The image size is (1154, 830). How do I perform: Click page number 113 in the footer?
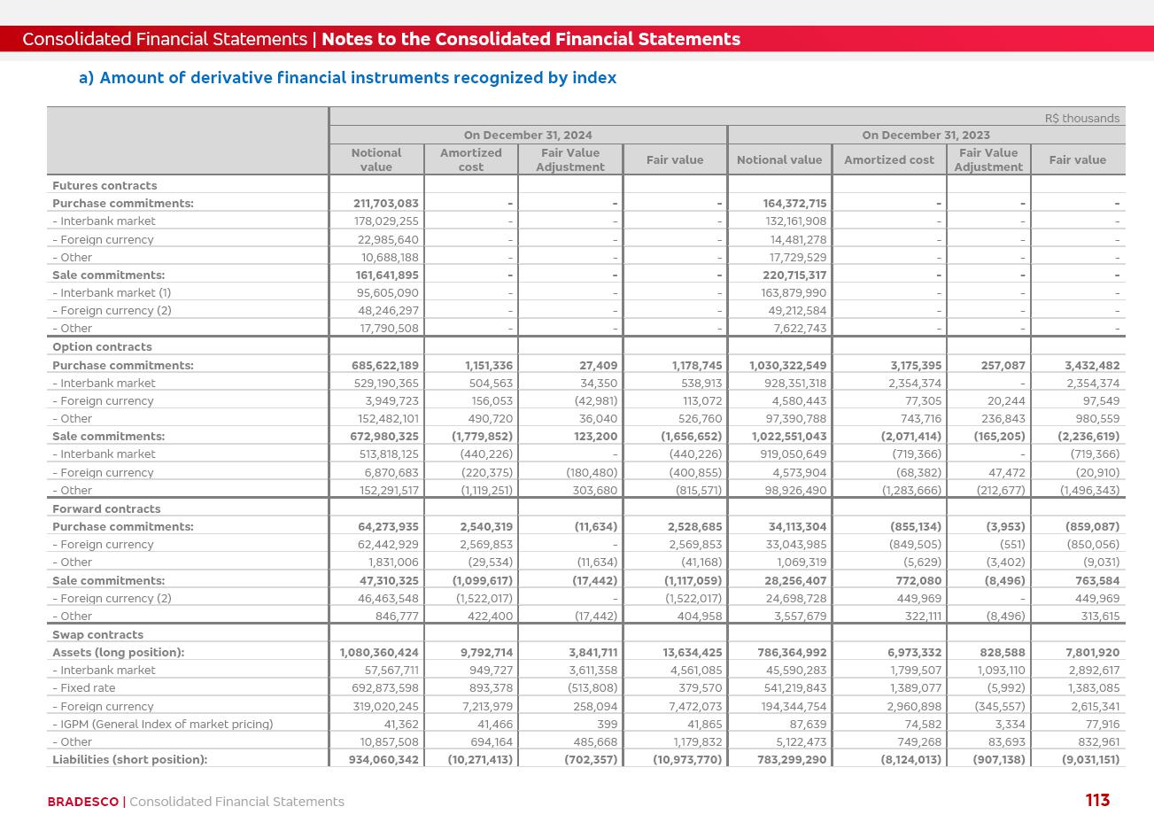coord(1096,801)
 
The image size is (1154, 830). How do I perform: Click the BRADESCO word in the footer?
coord(82,802)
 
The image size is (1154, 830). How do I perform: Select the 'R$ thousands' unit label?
coord(1081,118)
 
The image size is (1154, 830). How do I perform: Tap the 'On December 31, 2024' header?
coord(528,135)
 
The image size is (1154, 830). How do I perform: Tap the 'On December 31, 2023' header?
coord(926,135)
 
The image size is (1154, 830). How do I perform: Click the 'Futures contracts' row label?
coord(105,185)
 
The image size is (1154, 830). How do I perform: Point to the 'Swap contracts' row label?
coord(97,634)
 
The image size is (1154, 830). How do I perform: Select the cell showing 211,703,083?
coord(386,203)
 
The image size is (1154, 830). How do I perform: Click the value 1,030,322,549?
coord(787,365)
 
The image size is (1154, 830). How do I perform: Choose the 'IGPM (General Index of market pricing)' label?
coord(166,724)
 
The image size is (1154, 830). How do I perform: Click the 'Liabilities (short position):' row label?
coord(129,759)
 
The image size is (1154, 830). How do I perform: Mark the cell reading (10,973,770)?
coord(687,759)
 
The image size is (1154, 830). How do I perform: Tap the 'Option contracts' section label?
coord(102,346)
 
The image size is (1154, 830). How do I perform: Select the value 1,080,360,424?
coord(379,652)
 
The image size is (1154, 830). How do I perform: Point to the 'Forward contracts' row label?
coord(106,508)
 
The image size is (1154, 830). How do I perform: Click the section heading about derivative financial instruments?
coord(347,78)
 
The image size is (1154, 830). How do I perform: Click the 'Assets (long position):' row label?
coord(118,652)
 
